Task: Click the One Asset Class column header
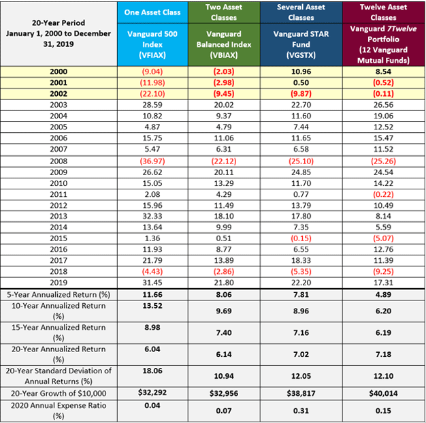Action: tap(152, 12)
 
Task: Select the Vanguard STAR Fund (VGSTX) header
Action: tap(301, 44)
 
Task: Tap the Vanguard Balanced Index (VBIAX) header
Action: tap(224, 44)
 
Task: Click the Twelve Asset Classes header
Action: tap(383, 12)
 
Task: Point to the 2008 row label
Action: tap(59, 161)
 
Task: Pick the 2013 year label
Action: tap(59, 216)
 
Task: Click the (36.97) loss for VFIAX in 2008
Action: tap(152, 161)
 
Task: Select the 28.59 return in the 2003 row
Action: tap(152, 105)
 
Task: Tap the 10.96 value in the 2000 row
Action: tap(301, 72)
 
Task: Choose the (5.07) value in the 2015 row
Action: tap(383, 238)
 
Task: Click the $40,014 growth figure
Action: tap(383, 393)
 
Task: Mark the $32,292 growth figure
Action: tap(152, 392)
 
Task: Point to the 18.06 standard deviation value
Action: tap(152, 371)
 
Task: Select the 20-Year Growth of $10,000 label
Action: tap(59, 393)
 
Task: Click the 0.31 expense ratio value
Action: tap(301, 411)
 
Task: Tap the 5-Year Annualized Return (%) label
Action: tap(59, 295)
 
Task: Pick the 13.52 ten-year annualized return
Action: tap(152, 306)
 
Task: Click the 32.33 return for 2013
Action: tap(152, 216)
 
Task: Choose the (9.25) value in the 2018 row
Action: tap(383, 272)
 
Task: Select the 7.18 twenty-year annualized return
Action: tap(383, 354)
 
